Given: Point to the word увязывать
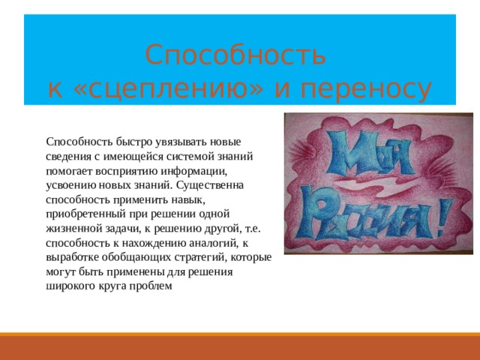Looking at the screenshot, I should (184, 141).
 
